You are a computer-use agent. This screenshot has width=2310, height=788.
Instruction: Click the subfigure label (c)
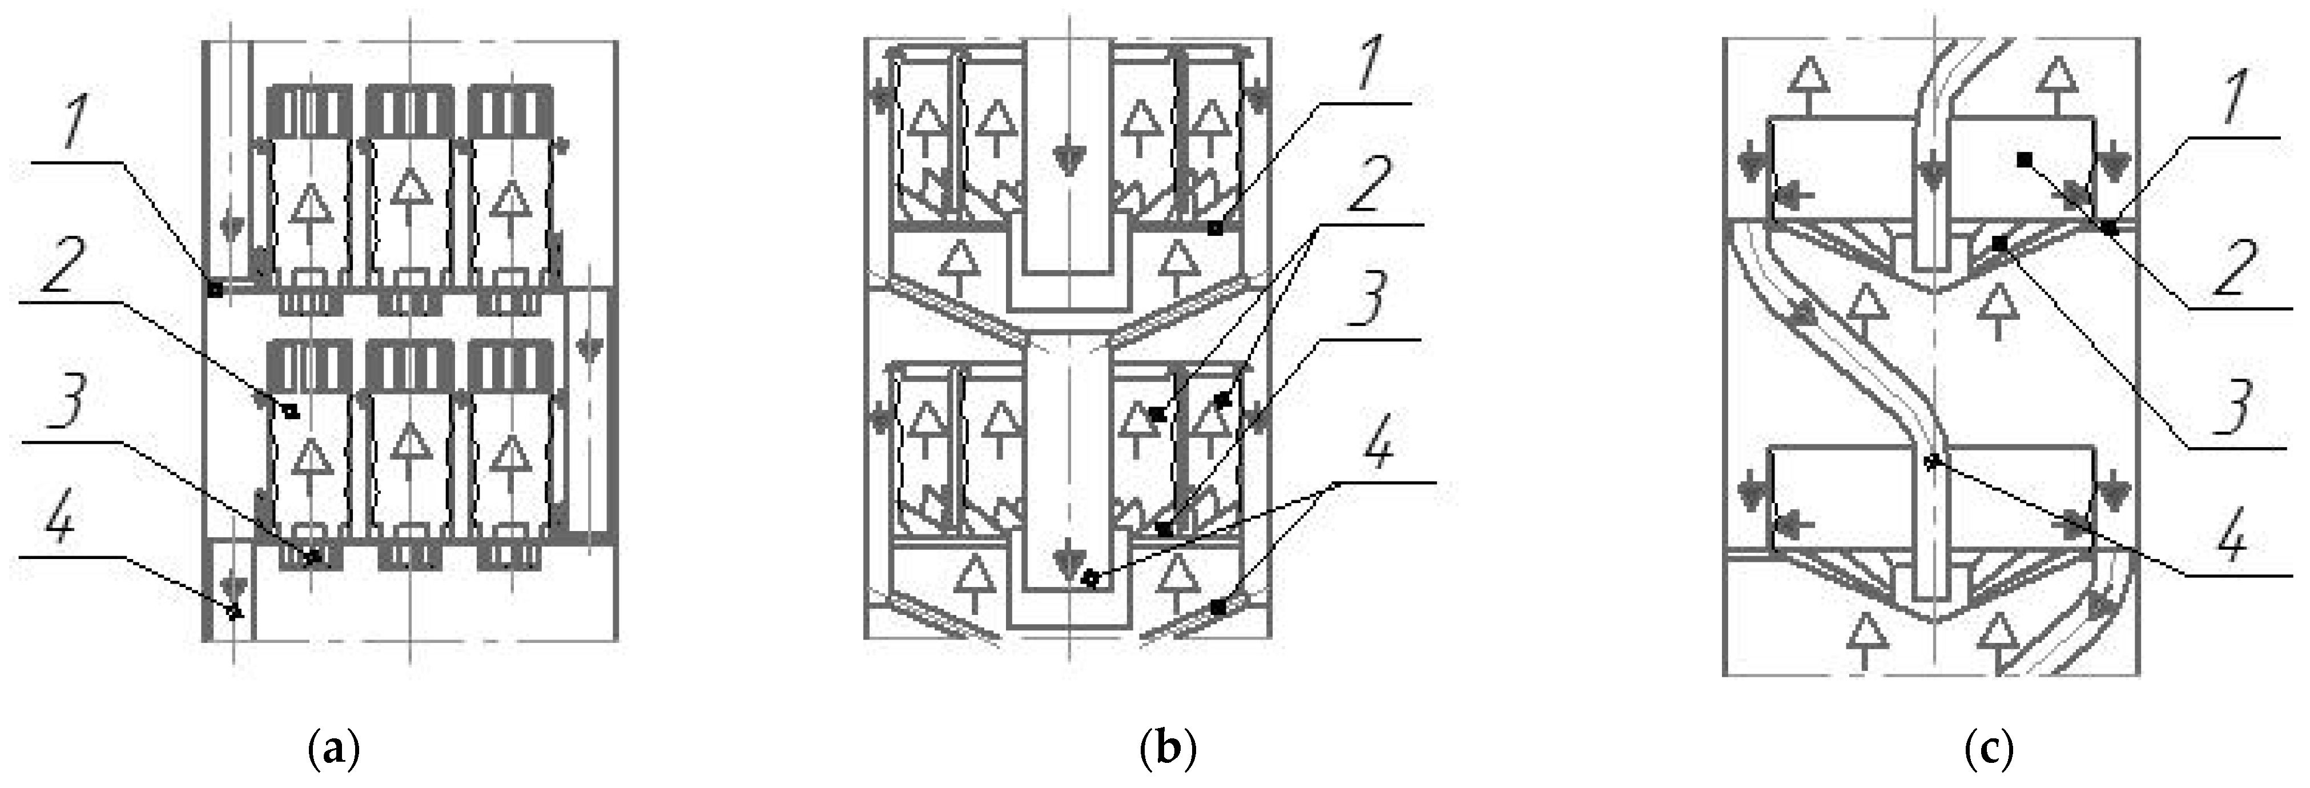pyautogui.click(x=1987, y=747)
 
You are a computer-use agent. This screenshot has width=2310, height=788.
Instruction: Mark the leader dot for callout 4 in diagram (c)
pyautogui.click(x=1933, y=462)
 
